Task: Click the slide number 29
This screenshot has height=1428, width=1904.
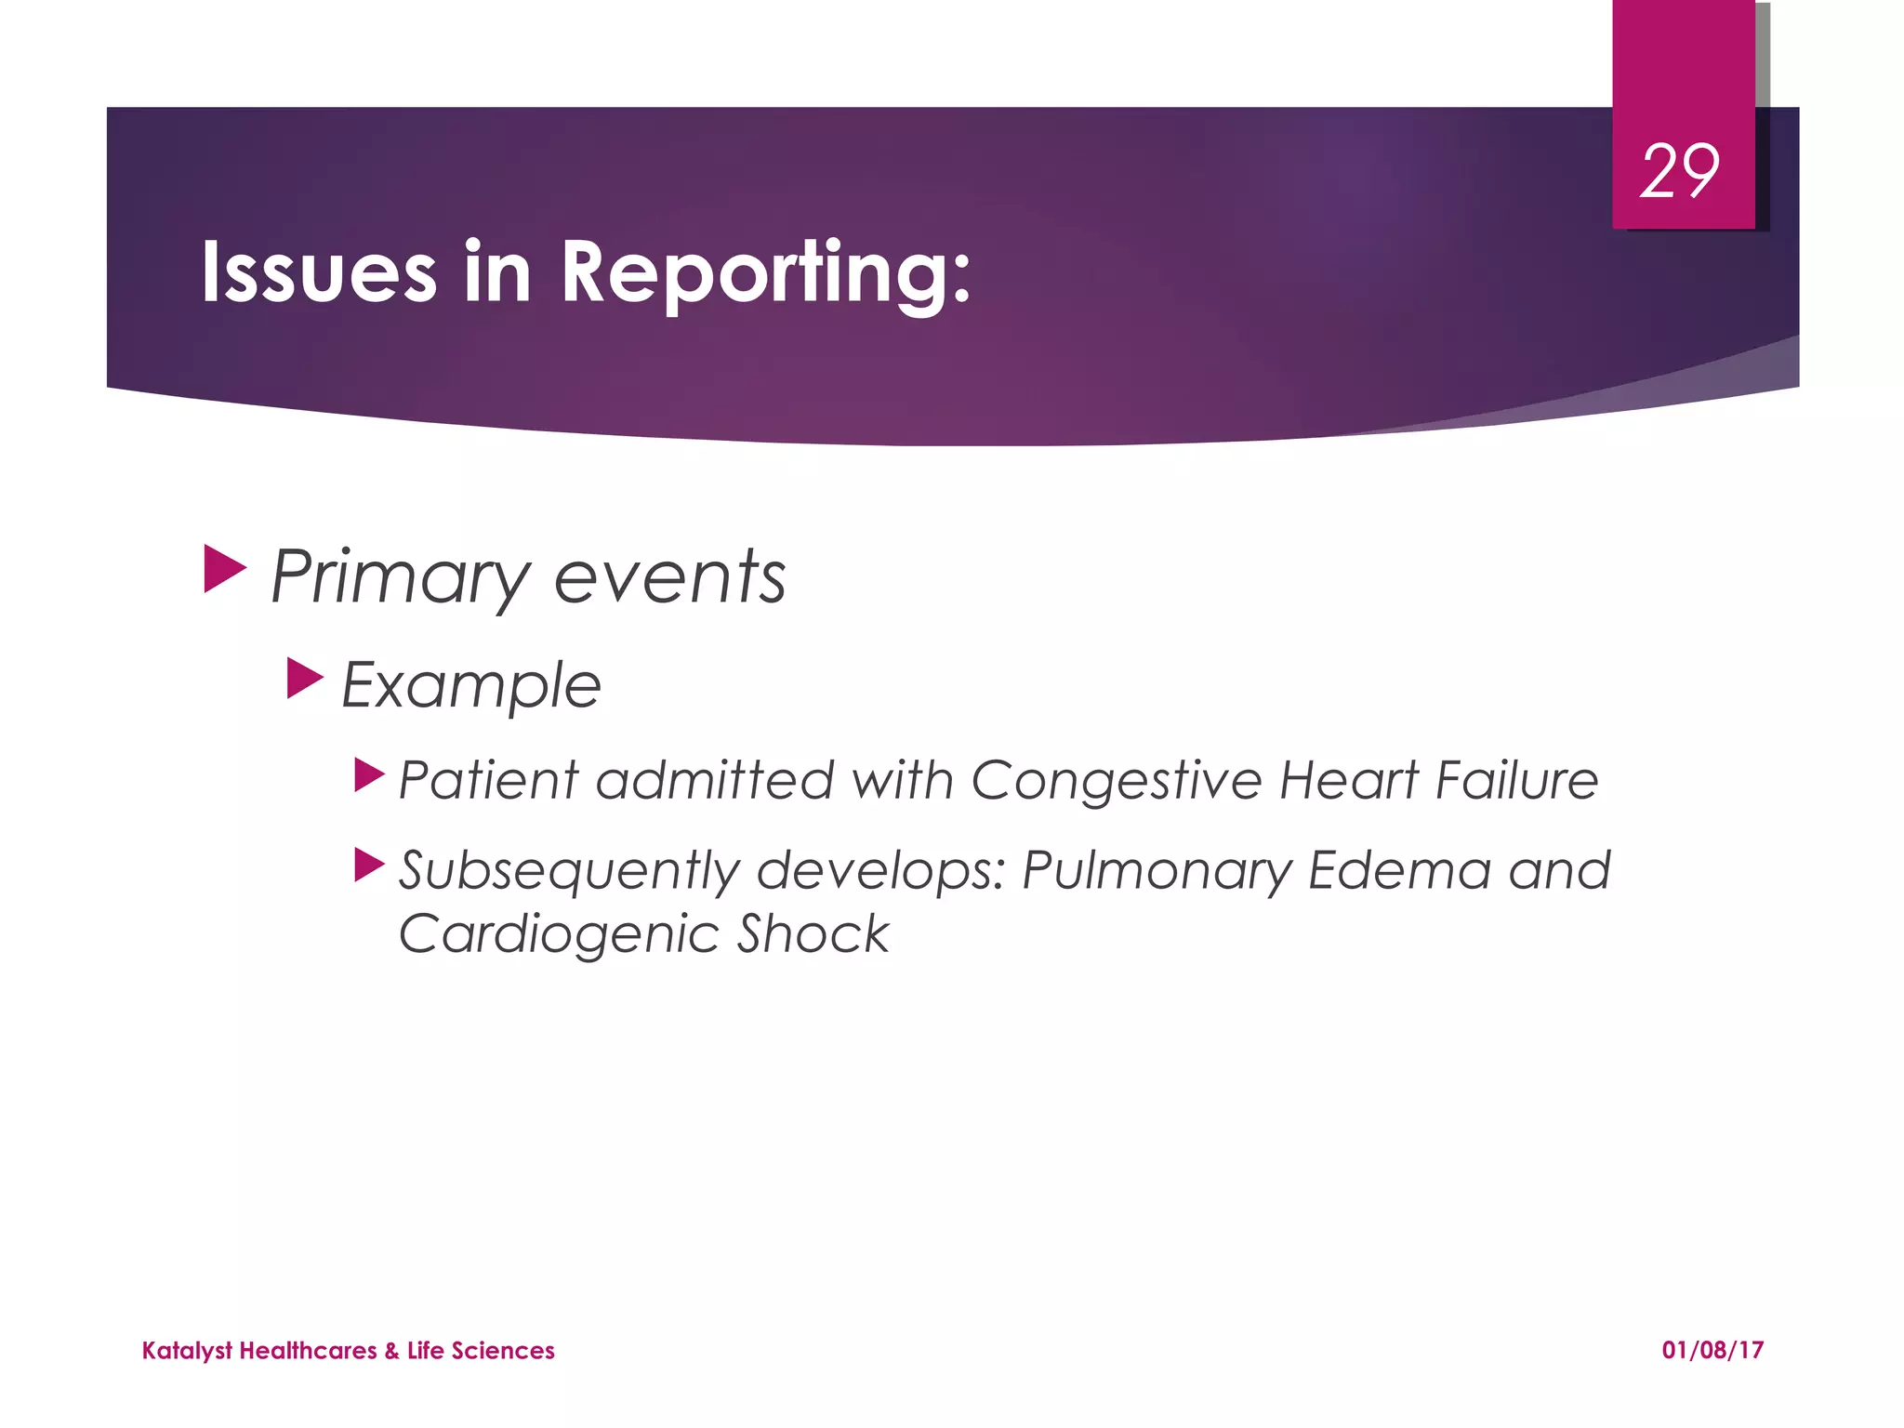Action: tap(1679, 173)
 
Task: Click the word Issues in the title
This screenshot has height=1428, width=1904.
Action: tap(318, 271)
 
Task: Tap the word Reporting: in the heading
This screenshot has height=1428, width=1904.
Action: tap(765, 273)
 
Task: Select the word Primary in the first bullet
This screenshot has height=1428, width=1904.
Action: tap(400, 578)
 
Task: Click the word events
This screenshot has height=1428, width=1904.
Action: tap(669, 578)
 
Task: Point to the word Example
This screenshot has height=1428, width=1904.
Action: tap(471, 686)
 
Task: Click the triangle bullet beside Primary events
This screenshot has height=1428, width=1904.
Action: tap(224, 569)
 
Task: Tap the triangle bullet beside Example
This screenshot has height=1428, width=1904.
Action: tap(304, 679)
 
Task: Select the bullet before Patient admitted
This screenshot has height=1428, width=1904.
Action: tap(368, 774)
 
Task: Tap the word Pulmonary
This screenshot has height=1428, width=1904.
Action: tap(1157, 872)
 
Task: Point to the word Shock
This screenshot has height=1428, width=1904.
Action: tap(813, 933)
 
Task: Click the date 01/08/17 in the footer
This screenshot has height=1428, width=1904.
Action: tap(1712, 1350)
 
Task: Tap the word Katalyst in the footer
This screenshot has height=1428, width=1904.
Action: tap(187, 1351)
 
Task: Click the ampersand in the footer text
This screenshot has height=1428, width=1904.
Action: tap(391, 1351)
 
